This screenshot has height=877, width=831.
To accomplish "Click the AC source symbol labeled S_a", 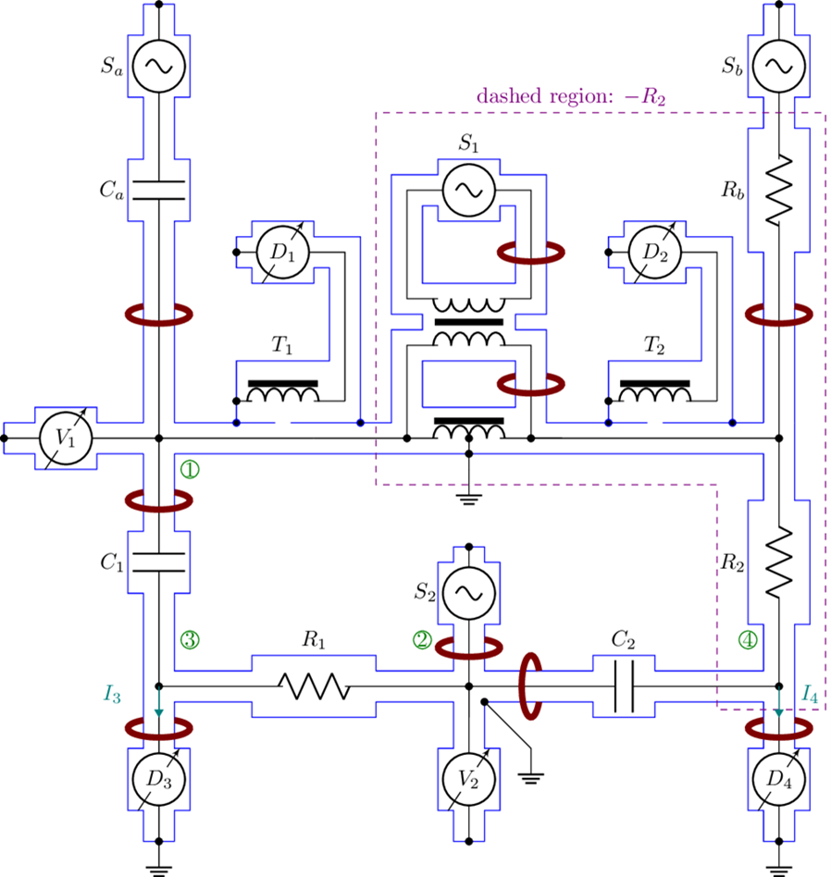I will [x=159, y=65].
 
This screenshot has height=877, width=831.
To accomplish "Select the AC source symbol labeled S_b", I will [x=779, y=65].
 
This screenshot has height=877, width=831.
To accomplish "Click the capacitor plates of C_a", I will [x=159, y=190].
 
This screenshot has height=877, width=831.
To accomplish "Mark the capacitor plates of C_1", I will [x=159, y=562].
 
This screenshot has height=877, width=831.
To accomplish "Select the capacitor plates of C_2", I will [x=625, y=686].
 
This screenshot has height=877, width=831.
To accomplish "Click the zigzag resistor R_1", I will [x=314, y=686].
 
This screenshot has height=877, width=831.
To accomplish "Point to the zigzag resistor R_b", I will [x=779, y=190].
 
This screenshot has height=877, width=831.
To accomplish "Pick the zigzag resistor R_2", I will [x=779, y=562].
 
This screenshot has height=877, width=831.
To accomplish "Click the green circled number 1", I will [x=190, y=469].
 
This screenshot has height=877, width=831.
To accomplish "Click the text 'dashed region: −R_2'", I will [x=570, y=95].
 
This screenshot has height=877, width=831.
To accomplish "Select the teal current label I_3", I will [x=112, y=691].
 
